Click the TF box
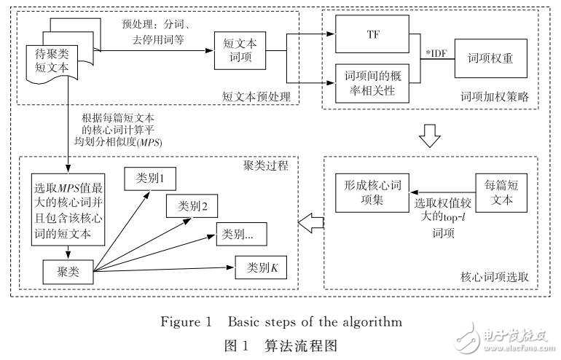coord(373,34)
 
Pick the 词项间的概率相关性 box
coord(372,82)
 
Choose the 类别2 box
coord(192,206)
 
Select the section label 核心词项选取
coord(494,278)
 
